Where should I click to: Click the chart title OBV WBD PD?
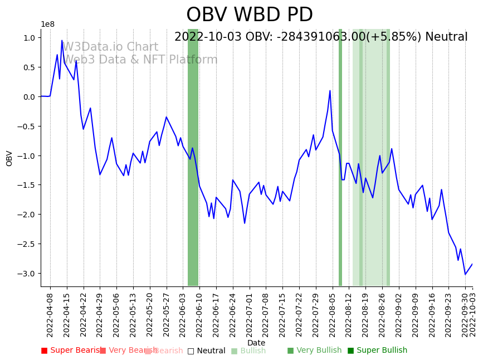pyautogui.click(x=250, y=15)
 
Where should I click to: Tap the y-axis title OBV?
pyautogui.click(x=9, y=158)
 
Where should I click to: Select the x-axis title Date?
pyautogui.click(x=256, y=343)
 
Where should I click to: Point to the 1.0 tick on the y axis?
pyautogui.click(x=28, y=38)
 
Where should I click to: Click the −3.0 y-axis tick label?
pyautogui.click(x=26, y=274)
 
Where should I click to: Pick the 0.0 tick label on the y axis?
pyautogui.click(x=28, y=97)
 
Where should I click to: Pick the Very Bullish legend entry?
pyautogui.click(x=314, y=351)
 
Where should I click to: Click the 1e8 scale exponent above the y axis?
pyautogui.click(x=48, y=24)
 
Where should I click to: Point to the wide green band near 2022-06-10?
pyautogui.click(x=193, y=157)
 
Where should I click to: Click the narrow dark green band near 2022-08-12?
pyautogui.click(x=340, y=157)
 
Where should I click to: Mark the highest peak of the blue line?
pyautogui.click(x=62, y=40)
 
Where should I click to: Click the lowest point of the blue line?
pyautogui.click(x=465, y=274)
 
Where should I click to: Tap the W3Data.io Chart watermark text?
pyautogui.click(x=110, y=47)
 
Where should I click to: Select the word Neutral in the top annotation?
pyautogui.click(x=446, y=37)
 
